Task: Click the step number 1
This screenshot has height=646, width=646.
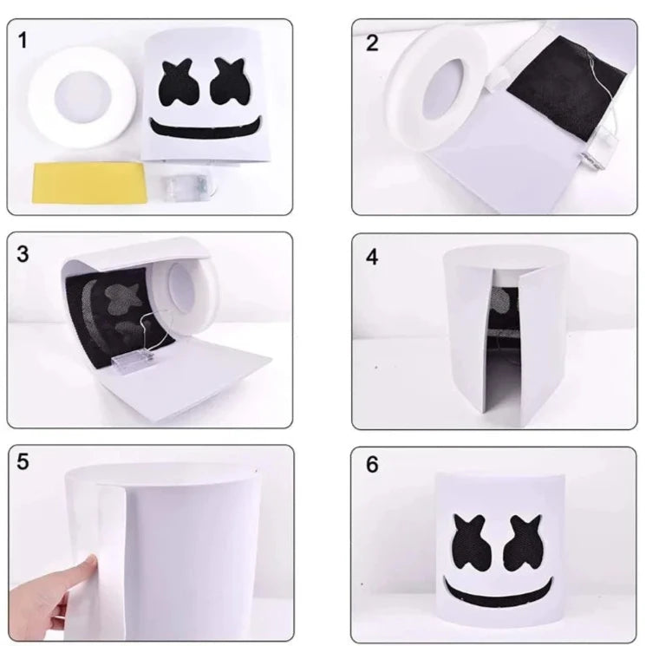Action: tap(23, 41)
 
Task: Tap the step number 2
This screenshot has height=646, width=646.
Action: tap(372, 42)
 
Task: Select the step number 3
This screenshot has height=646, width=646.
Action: tap(23, 254)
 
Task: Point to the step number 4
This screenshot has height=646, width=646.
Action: tap(372, 257)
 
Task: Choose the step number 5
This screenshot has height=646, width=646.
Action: tap(23, 461)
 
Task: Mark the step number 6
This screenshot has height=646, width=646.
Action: tap(372, 464)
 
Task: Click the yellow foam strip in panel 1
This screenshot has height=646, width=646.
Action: tap(90, 183)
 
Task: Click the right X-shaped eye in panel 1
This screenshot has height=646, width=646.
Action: tap(229, 82)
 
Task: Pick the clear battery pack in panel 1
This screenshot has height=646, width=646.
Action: tap(189, 182)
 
